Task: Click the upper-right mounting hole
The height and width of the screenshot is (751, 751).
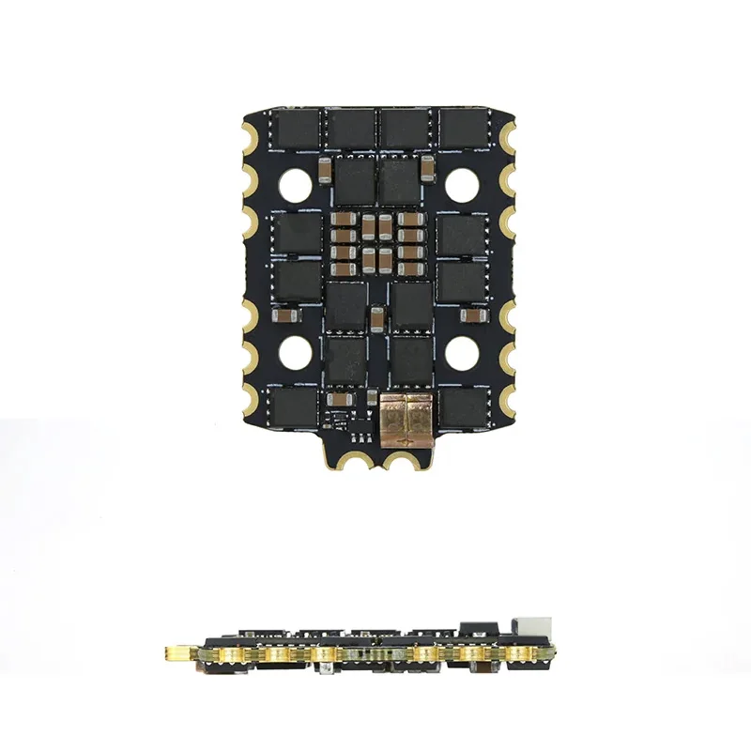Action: (x=462, y=185)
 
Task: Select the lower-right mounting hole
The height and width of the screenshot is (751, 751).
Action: (x=462, y=353)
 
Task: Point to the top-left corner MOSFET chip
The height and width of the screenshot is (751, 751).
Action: (x=296, y=128)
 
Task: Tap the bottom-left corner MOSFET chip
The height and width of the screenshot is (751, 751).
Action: (x=296, y=408)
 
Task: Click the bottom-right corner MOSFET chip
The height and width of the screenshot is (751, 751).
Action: (x=462, y=408)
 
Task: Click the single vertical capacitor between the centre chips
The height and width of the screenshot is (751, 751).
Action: (x=375, y=319)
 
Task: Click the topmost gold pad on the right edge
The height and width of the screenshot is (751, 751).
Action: (x=508, y=137)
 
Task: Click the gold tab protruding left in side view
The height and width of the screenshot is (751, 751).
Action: (x=179, y=651)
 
